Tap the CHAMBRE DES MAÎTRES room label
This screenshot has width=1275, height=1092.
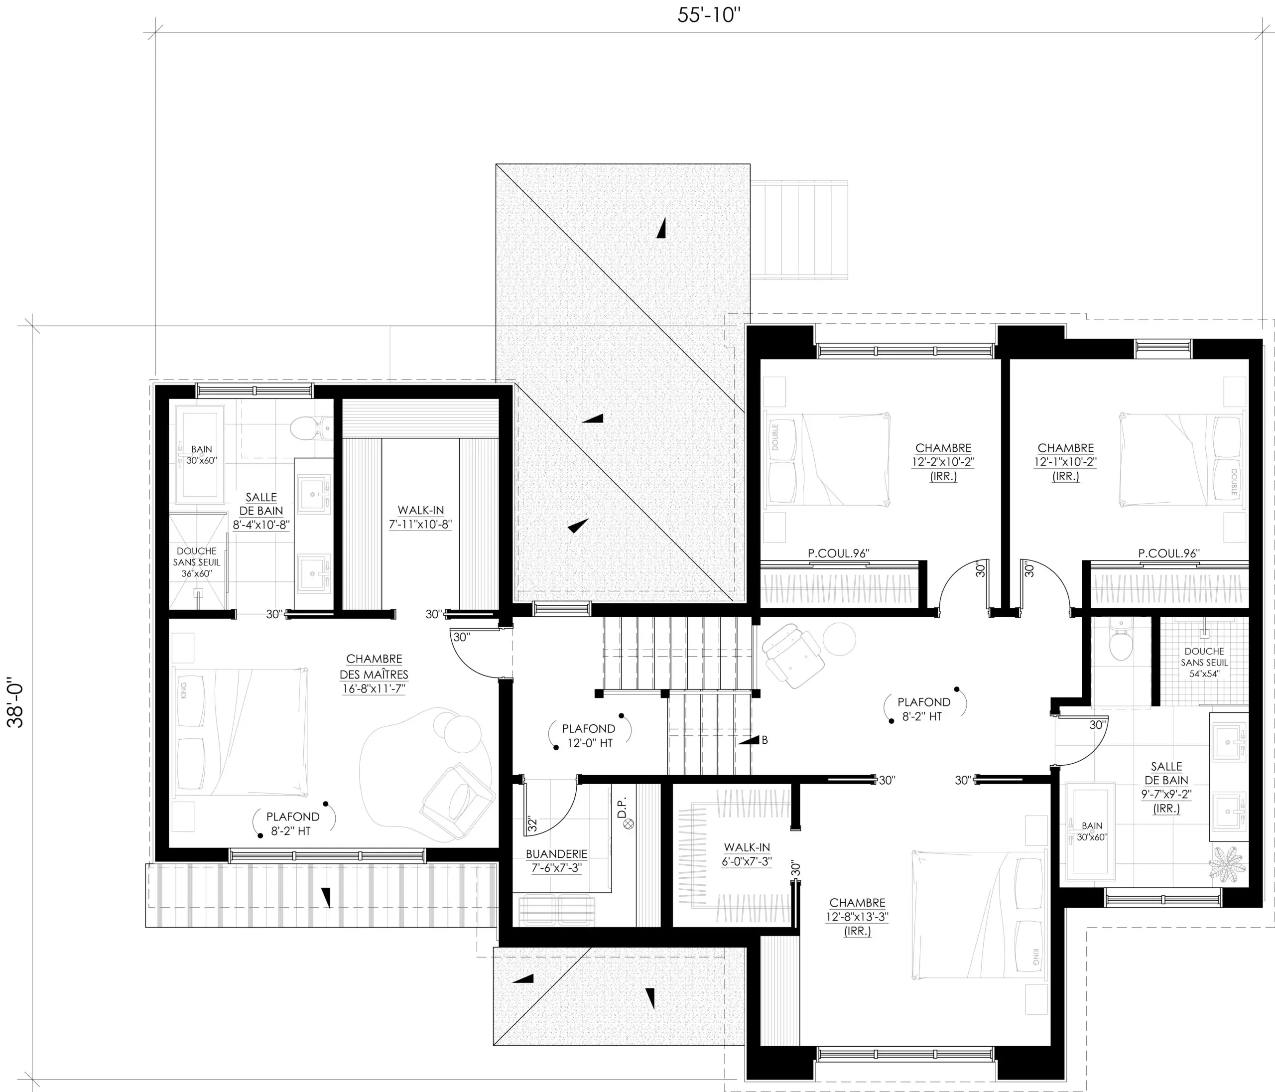click(374, 674)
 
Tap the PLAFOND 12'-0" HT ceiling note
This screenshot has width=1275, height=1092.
click(589, 736)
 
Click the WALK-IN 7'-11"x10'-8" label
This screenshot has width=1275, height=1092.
click(420, 517)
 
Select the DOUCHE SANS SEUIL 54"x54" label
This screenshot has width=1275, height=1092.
click(1204, 663)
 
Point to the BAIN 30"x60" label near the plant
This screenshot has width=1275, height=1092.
click(1092, 831)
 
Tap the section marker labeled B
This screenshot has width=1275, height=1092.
click(754, 740)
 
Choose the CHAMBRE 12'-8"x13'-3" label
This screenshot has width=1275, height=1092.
click(857, 917)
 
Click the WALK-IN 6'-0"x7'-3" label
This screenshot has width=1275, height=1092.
click(747, 854)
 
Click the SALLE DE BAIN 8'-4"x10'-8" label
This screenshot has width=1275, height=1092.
click(261, 511)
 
